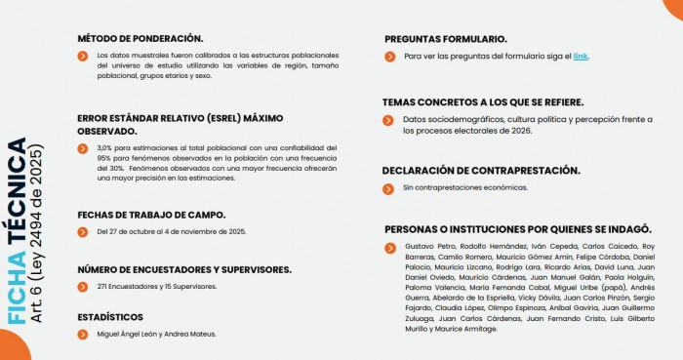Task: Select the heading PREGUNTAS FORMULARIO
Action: [445, 39]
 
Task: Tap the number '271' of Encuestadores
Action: [103, 286]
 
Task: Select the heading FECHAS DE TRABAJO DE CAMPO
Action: [151, 215]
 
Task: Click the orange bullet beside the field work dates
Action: [83, 232]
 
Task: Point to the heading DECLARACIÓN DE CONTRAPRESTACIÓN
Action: [482, 170]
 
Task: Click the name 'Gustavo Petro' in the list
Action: [425, 247]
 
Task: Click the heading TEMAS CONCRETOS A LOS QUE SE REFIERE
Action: [483, 101]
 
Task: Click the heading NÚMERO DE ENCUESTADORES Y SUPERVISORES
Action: [183, 268]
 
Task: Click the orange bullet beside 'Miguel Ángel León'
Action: [83, 334]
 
